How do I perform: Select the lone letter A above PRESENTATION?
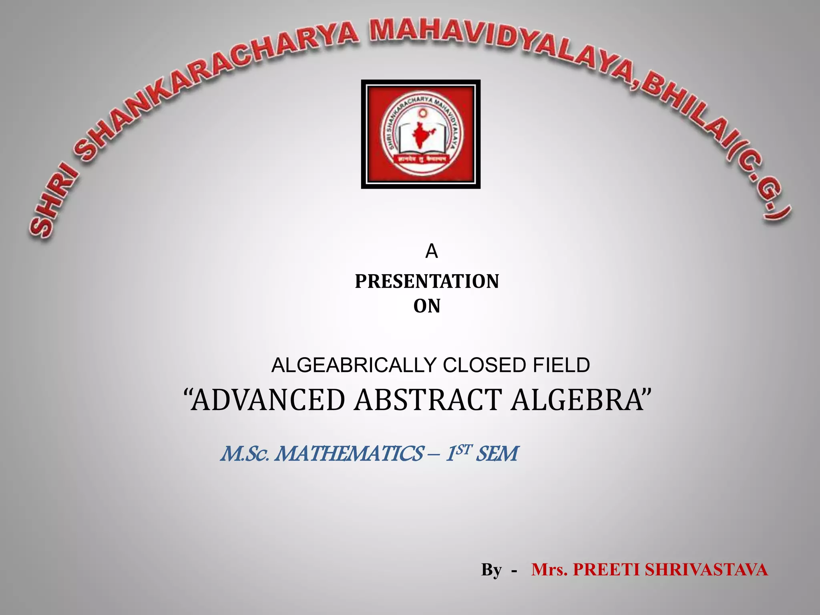pos(431,251)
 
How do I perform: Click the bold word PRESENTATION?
pos(427,281)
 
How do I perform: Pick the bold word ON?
pos(427,306)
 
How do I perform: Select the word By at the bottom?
pos(491,569)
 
